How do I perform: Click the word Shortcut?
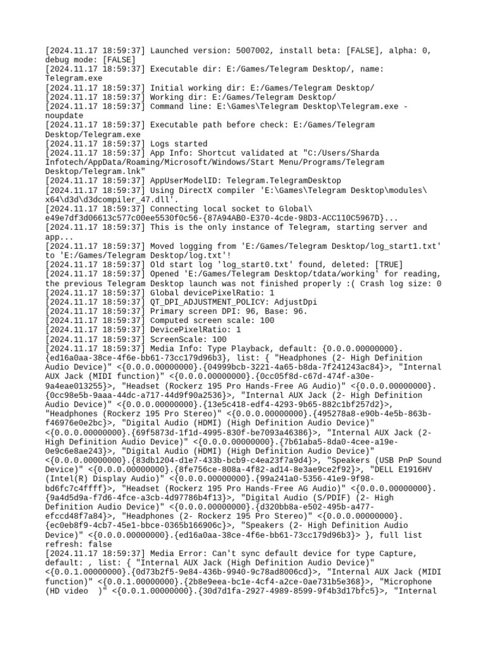pyautogui.click(x=217, y=153)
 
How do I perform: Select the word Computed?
pyautogui.click(x=169, y=321)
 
